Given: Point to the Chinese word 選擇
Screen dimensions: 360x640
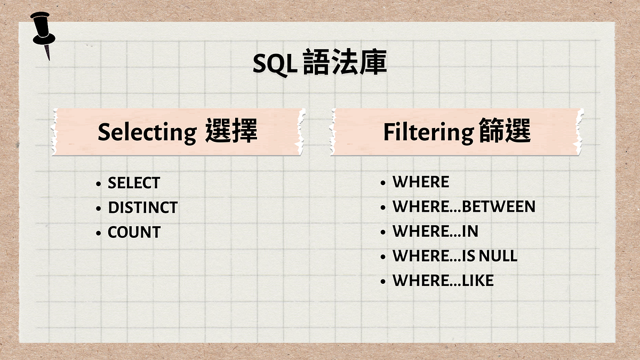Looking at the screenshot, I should (x=232, y=132).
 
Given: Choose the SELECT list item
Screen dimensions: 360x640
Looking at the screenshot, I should (x=133, y=183).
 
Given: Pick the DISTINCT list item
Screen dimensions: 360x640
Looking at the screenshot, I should (x=142, y=207).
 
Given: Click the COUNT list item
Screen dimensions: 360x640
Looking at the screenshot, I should (x=134, y=233).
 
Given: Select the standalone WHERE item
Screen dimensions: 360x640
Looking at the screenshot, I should (x=421, y=182).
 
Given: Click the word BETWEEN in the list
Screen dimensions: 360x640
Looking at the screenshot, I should (x=498, y=206).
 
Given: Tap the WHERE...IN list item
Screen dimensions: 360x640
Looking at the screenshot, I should (x=435, y=231).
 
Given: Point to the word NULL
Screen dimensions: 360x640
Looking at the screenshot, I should (x=498, y=256).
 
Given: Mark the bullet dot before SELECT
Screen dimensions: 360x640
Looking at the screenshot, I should (x=98, y=184).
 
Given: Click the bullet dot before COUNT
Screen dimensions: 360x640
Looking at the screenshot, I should (x=98, y=234).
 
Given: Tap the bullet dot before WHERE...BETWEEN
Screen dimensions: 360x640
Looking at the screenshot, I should (x=383, y=207).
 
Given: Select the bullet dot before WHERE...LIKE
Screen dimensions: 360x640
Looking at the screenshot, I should (x=383, y=282).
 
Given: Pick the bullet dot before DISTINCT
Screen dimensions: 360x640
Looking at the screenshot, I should (x=98, y=209).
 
